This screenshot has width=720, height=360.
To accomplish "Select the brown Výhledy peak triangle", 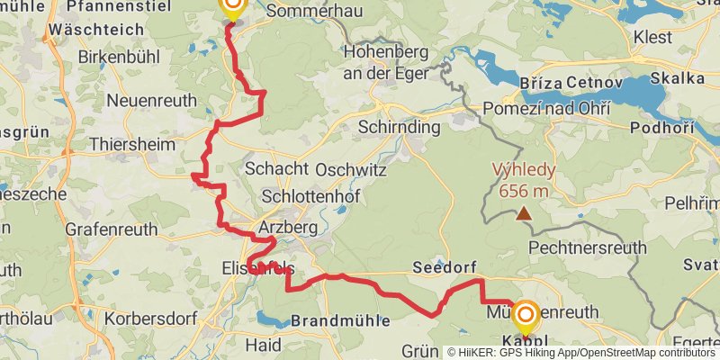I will pyautogui.click(x=523, y=213).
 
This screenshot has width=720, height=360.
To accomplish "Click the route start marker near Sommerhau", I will pyautogui.click(x=232, y=7).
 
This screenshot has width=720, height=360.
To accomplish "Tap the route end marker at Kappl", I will pyautogui.click(x=525, y=316).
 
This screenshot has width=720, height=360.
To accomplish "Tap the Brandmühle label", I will pyautogui.click(x=339, y=320).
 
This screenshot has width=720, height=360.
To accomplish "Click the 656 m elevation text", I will pyautogui.click(x=523, y=190).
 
